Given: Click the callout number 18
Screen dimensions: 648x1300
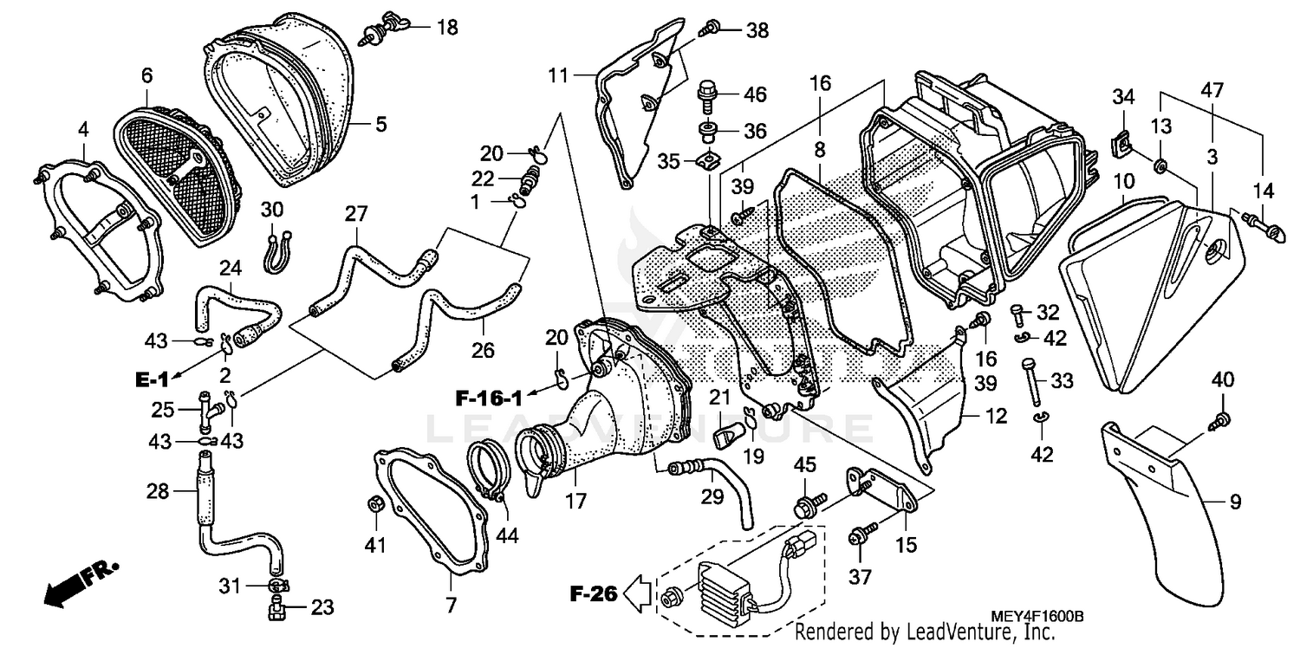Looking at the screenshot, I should pos(446,28).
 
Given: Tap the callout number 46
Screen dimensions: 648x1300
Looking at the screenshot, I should pos(755,94).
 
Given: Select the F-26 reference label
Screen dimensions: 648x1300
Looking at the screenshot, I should pos(594,594).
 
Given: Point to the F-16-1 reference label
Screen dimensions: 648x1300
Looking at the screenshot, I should pos(490,399).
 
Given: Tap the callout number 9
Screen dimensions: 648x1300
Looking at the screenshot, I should pos(1235,502).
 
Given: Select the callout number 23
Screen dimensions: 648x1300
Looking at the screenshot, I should pos(322,607).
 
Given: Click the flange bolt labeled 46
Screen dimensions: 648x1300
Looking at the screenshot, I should pos(707,92).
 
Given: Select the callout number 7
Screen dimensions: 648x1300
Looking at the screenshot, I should pos(452,605).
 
